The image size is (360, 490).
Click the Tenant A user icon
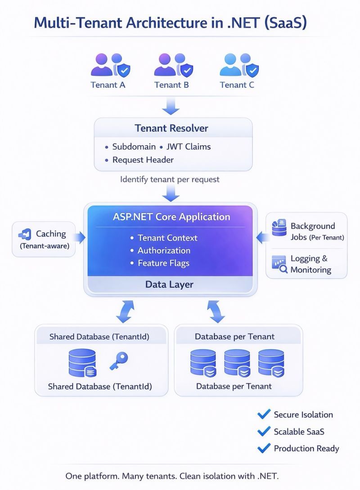(107, 66)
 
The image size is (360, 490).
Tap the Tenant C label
(237, 85)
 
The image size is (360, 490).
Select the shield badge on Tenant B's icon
(187, 70)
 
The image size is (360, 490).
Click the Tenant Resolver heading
(171, 128)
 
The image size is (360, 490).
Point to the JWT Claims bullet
(188, 147)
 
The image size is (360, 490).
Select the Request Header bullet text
(143, 160)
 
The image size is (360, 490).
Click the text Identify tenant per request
(170, 179)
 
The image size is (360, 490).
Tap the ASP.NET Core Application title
(171, 217)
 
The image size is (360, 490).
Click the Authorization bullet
(164, 250)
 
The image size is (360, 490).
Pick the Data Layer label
(169, 284)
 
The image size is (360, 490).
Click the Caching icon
(25, 234)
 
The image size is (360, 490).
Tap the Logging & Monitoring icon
(279, 264)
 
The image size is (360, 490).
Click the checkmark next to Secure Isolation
(263, 414)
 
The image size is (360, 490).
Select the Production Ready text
(306, 448)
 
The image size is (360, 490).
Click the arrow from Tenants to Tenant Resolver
(171, 107)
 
